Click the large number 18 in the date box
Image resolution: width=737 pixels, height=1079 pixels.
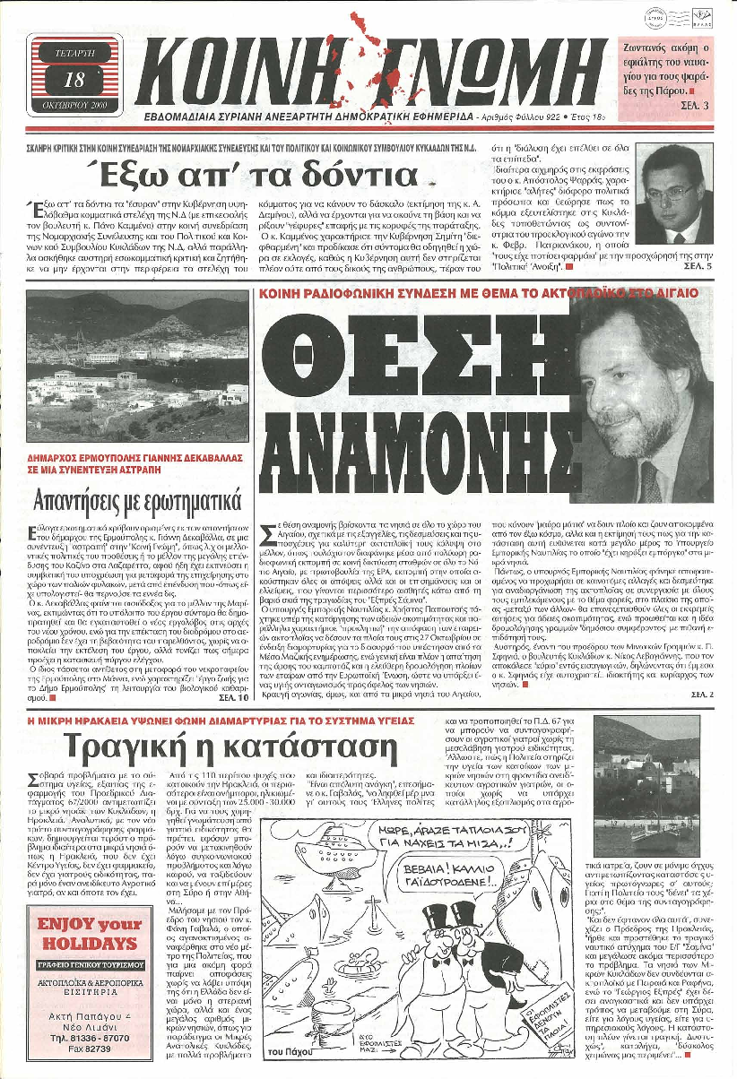(74, 80)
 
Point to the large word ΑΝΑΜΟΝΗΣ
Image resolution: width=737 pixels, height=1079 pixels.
(421, 439)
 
